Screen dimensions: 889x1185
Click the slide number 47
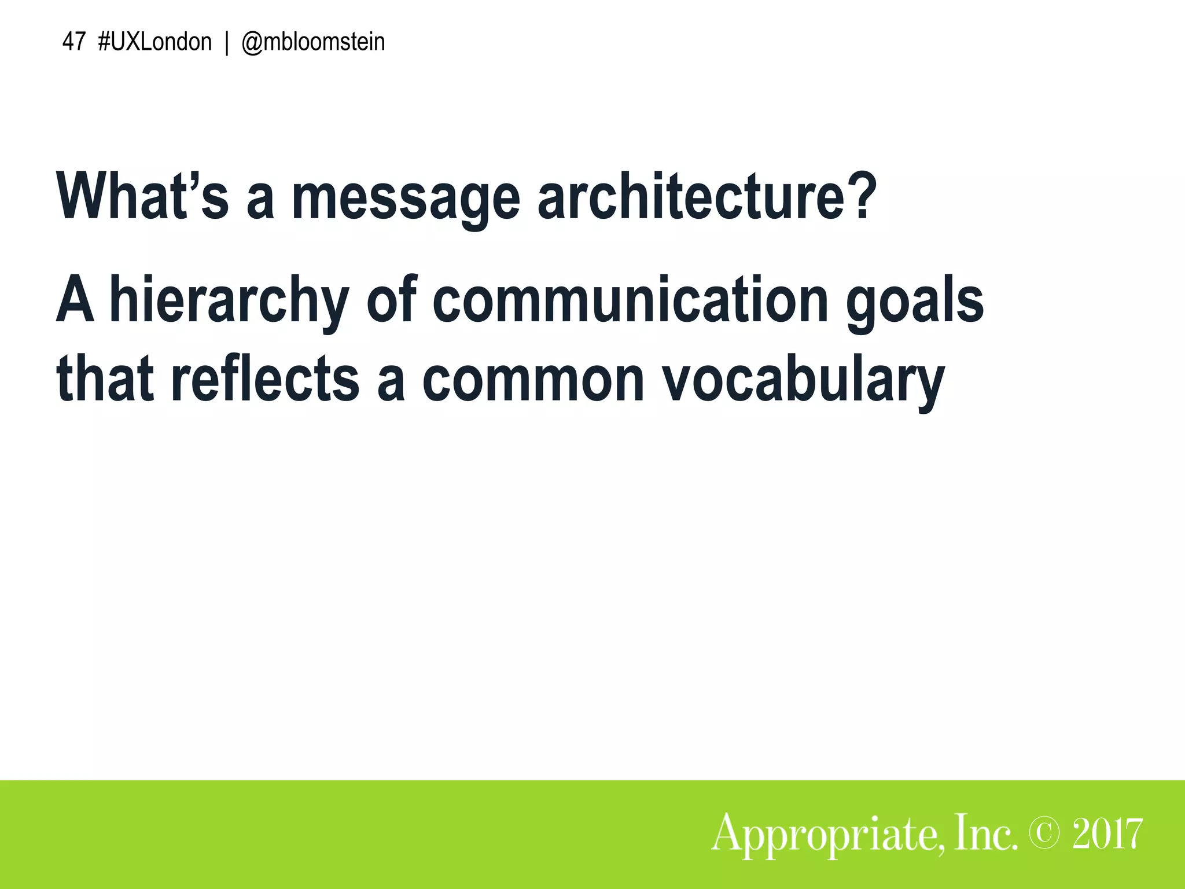pos(73,42)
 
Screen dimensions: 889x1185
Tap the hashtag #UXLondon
pos(155,42)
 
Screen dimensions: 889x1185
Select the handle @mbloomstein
pos(312,42)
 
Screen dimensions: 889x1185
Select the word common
pos(533,379)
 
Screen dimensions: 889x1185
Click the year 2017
pos(1107,833)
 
